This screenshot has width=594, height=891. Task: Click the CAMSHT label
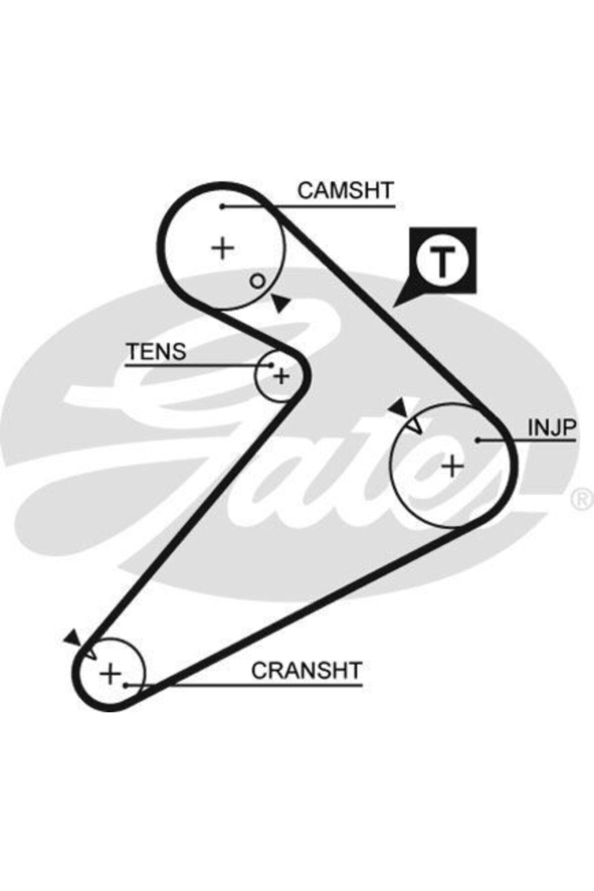click(346, 191)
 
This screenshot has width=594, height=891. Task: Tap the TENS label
click(156, 351)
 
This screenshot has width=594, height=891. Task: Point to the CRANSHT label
click(307, 670)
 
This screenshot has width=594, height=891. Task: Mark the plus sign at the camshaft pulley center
click(223, 247)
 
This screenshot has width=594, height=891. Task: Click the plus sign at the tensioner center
click(282, 377)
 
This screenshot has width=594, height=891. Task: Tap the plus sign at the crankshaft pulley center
click(110, 673)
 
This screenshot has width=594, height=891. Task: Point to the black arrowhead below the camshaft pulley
click(280, 302)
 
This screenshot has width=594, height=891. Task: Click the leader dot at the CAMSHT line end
click(223, 206)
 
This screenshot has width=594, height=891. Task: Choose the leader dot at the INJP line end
click(478, 440)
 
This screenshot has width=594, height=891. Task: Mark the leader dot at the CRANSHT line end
click(127, 686)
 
